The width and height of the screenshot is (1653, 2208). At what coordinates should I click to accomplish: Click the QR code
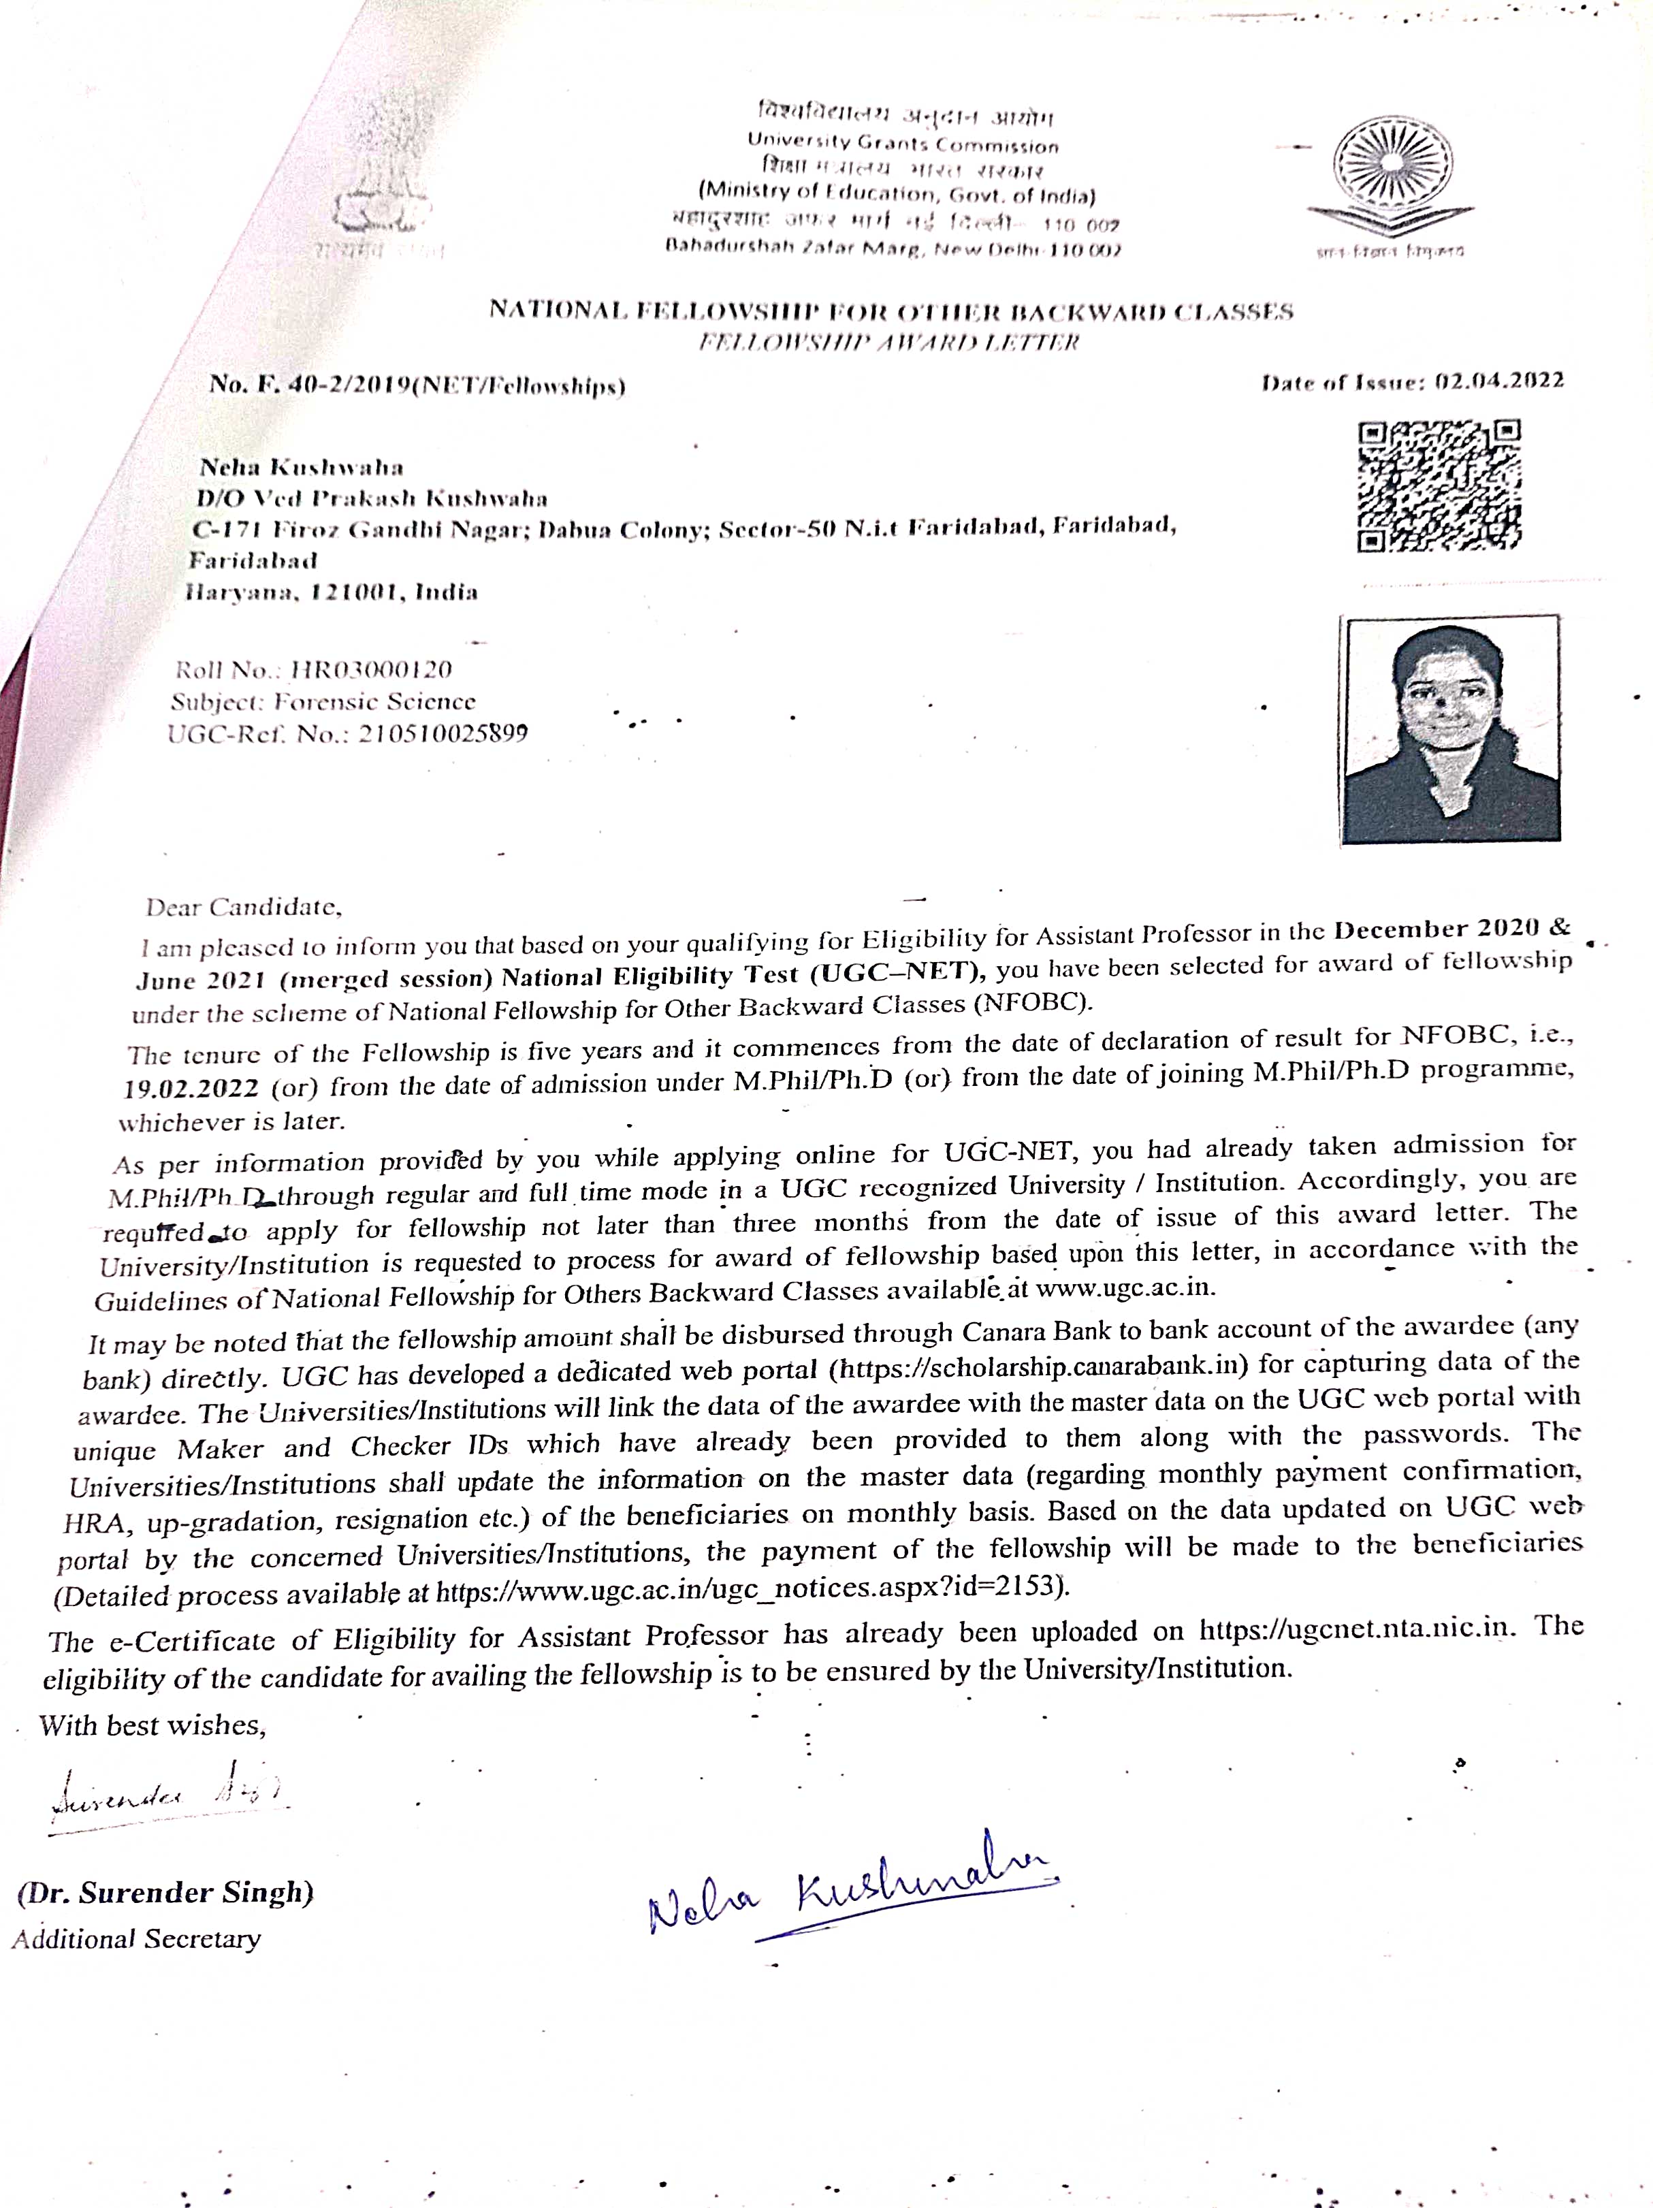[x=1439, y=486]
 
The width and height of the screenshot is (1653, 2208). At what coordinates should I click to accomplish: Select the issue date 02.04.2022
[x=1498, y=381]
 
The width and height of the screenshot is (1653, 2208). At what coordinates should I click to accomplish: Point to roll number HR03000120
[x=368, y=669]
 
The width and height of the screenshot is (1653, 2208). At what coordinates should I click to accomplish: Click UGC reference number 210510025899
[x=443, y=735]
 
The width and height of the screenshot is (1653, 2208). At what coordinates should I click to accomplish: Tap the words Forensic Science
[x=374, y=702]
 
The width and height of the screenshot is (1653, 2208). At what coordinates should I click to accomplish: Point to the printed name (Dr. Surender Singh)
[x=165, y=1891]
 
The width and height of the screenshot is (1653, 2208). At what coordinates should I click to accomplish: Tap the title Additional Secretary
[x=137, y=1938]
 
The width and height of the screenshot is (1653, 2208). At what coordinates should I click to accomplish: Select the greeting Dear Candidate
[x=244, y=908]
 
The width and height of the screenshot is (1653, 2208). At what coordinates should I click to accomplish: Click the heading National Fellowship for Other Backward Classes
[x=890, y=311]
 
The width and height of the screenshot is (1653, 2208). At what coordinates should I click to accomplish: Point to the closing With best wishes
[x=152, y=1725]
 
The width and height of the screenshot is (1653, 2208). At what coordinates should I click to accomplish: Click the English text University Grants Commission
[x=902, y=145]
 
